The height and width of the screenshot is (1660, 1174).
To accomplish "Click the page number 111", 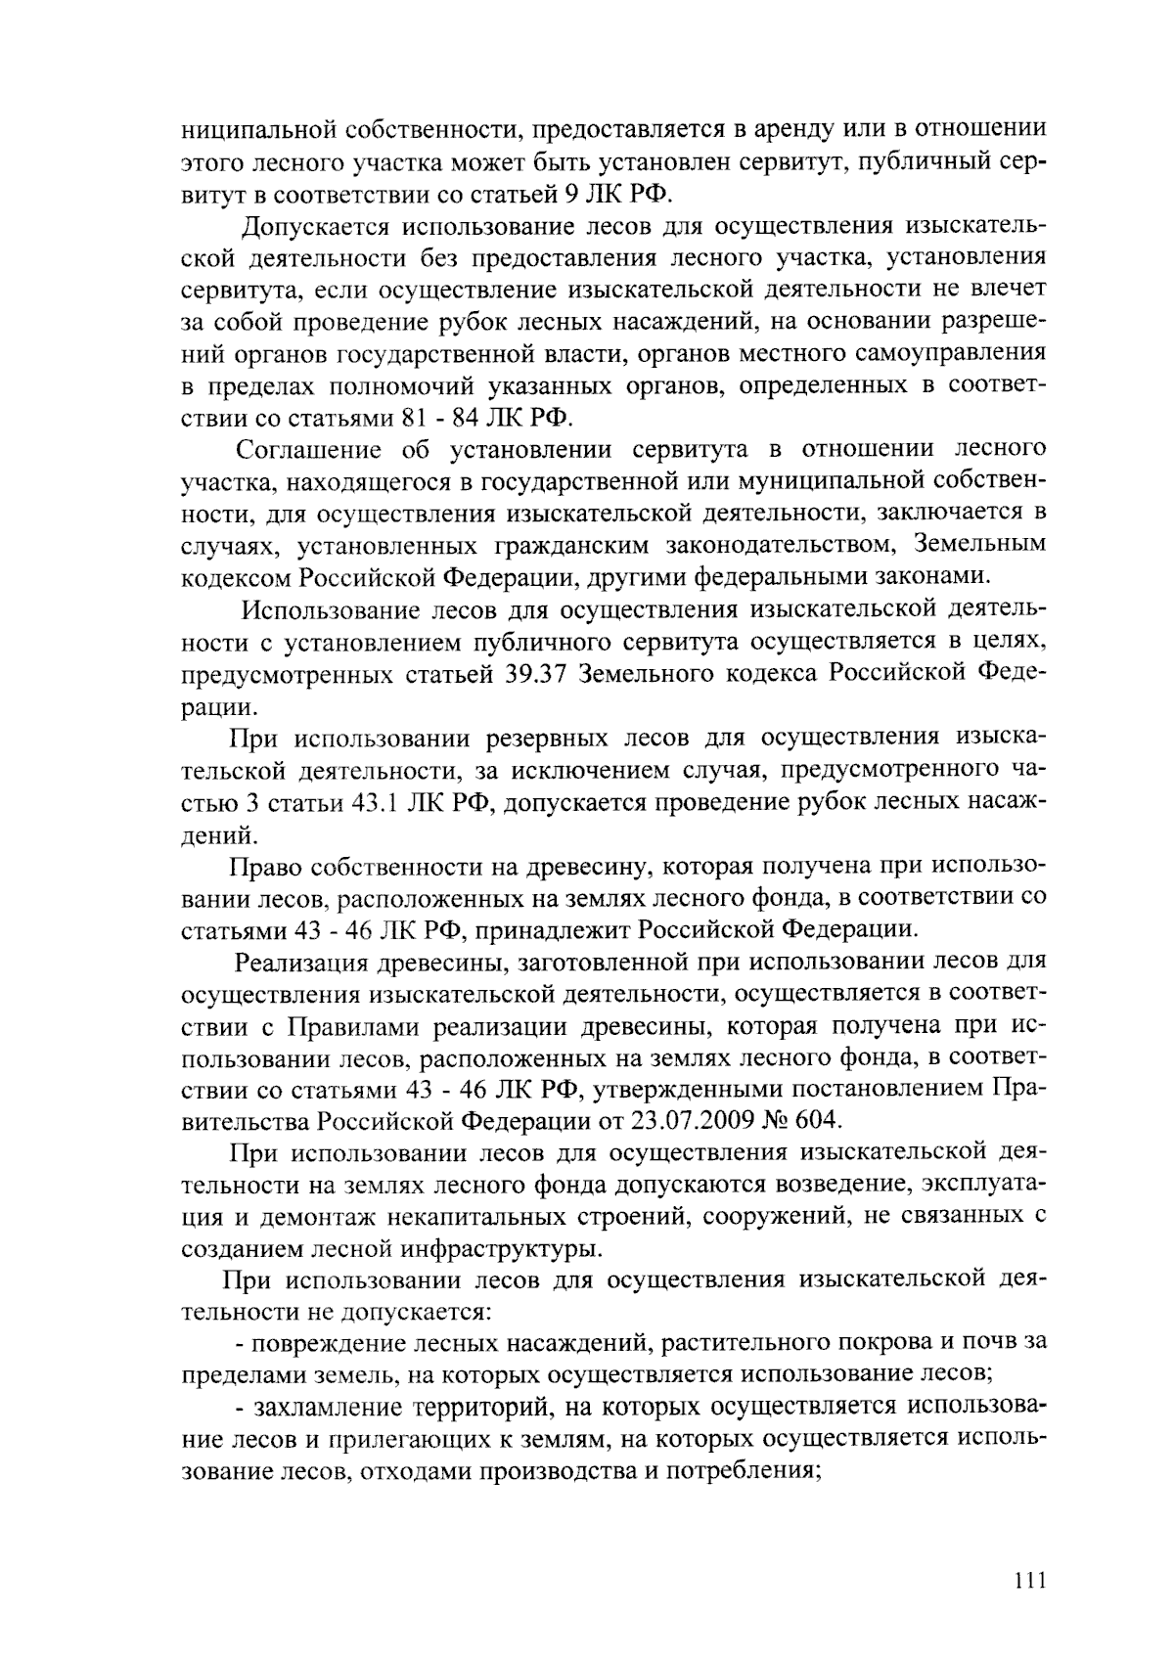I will (1030, 1581).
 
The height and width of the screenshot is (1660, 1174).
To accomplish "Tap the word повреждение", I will (333, 1342).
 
